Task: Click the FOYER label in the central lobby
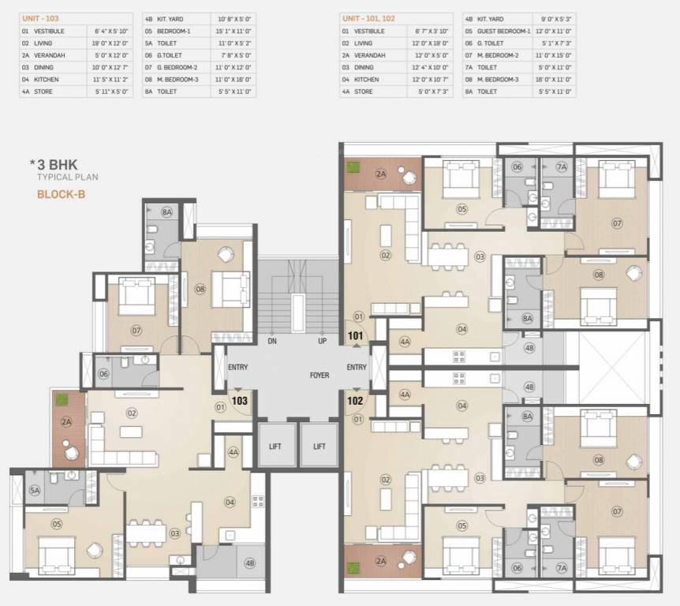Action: [x=319, y=376]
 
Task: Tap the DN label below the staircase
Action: [x=271, y=341]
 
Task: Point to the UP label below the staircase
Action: [x=322, y=341]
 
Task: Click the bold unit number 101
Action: [x=356, y=335]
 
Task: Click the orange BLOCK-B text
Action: [x=60, y=193]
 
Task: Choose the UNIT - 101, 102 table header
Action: [x=366, y=17]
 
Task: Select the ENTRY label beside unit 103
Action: [x=238, y=368]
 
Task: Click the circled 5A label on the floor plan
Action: [x=34, y=490]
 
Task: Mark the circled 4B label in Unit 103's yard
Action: [x=249, y=563]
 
